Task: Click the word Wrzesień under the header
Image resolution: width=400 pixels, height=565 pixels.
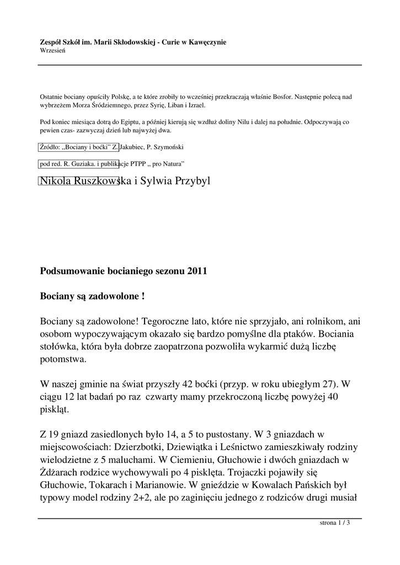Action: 53,50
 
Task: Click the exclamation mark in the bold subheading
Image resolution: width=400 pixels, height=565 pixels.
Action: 143,296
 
